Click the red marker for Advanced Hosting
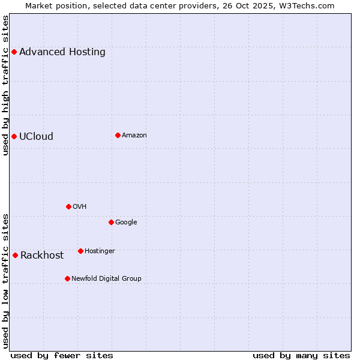coord(14,52)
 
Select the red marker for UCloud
coord(14,136)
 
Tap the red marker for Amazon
coord(118,135)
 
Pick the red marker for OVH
coord(68,206)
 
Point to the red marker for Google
coord(111,222)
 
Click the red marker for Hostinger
coord(80,251)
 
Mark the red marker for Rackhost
coord(15,255)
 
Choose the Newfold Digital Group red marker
coord(67,278)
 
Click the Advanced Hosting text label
coord(62,52)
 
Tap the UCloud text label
coord(36,136)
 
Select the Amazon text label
coord(134,135)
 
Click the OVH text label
coord(80,206)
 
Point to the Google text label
coord(126,222)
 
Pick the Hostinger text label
coord(100,251)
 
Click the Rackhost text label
coord(42,255)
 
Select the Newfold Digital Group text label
coord(106,278)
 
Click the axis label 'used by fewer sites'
coord(62,355)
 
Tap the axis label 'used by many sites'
coord(301,355)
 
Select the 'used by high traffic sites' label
coord(5,85)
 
